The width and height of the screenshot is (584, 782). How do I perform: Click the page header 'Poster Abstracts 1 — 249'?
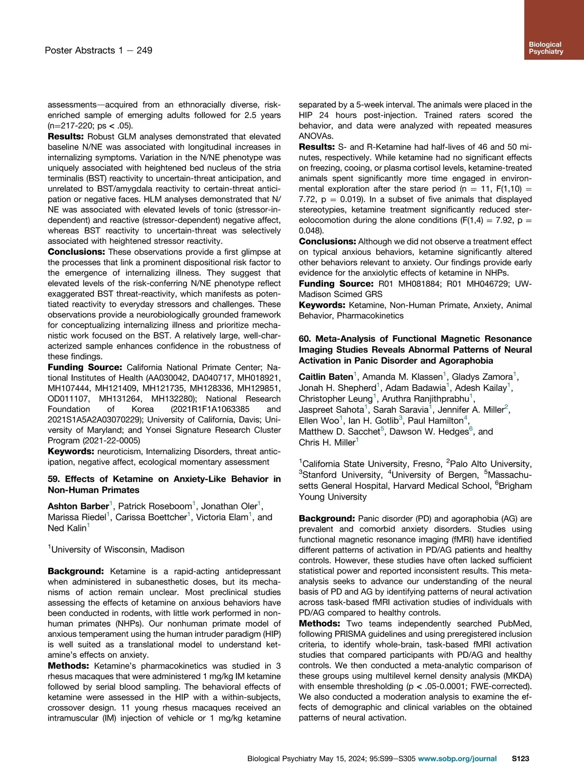pyautogui.click(x=98, y=50)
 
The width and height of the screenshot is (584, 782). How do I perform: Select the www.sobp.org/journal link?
pyautogui.click(x=457, y=758)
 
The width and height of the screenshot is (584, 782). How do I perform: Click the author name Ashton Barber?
pyautogui.click(x=78, y=506)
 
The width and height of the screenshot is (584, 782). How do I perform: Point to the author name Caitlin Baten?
pyautogui.click(x=326, y=377)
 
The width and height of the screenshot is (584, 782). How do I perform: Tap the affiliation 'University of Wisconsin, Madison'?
pyautogui.click(x=118, y=550)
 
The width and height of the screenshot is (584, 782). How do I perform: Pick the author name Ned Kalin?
pyautogui.click(x=67, y=528)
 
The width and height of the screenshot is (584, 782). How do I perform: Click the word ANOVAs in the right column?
pyautogui.click(x=316, y=136)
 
